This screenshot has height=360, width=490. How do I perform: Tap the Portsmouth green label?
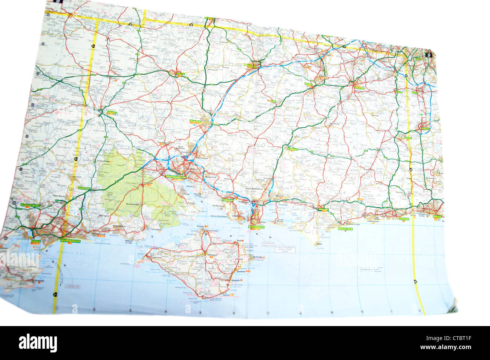pyautogui.click(x=259, y=227)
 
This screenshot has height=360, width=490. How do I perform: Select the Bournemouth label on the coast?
pyautogui.click(x=70, y=240)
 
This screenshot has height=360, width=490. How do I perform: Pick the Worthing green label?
pyautogui.click(x=404, y=219)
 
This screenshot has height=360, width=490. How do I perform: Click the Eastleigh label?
pyautogui.click(x=201, y=158)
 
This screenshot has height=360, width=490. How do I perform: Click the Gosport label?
pyautogui.click(x=237, y=216)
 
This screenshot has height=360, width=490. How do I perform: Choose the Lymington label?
pyautogui.click(x=156, y=229)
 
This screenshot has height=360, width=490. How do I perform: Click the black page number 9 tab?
pyautogui.click(x=429, y=54)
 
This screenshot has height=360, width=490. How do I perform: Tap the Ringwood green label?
pyautogui.click(x=84, y=188)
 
